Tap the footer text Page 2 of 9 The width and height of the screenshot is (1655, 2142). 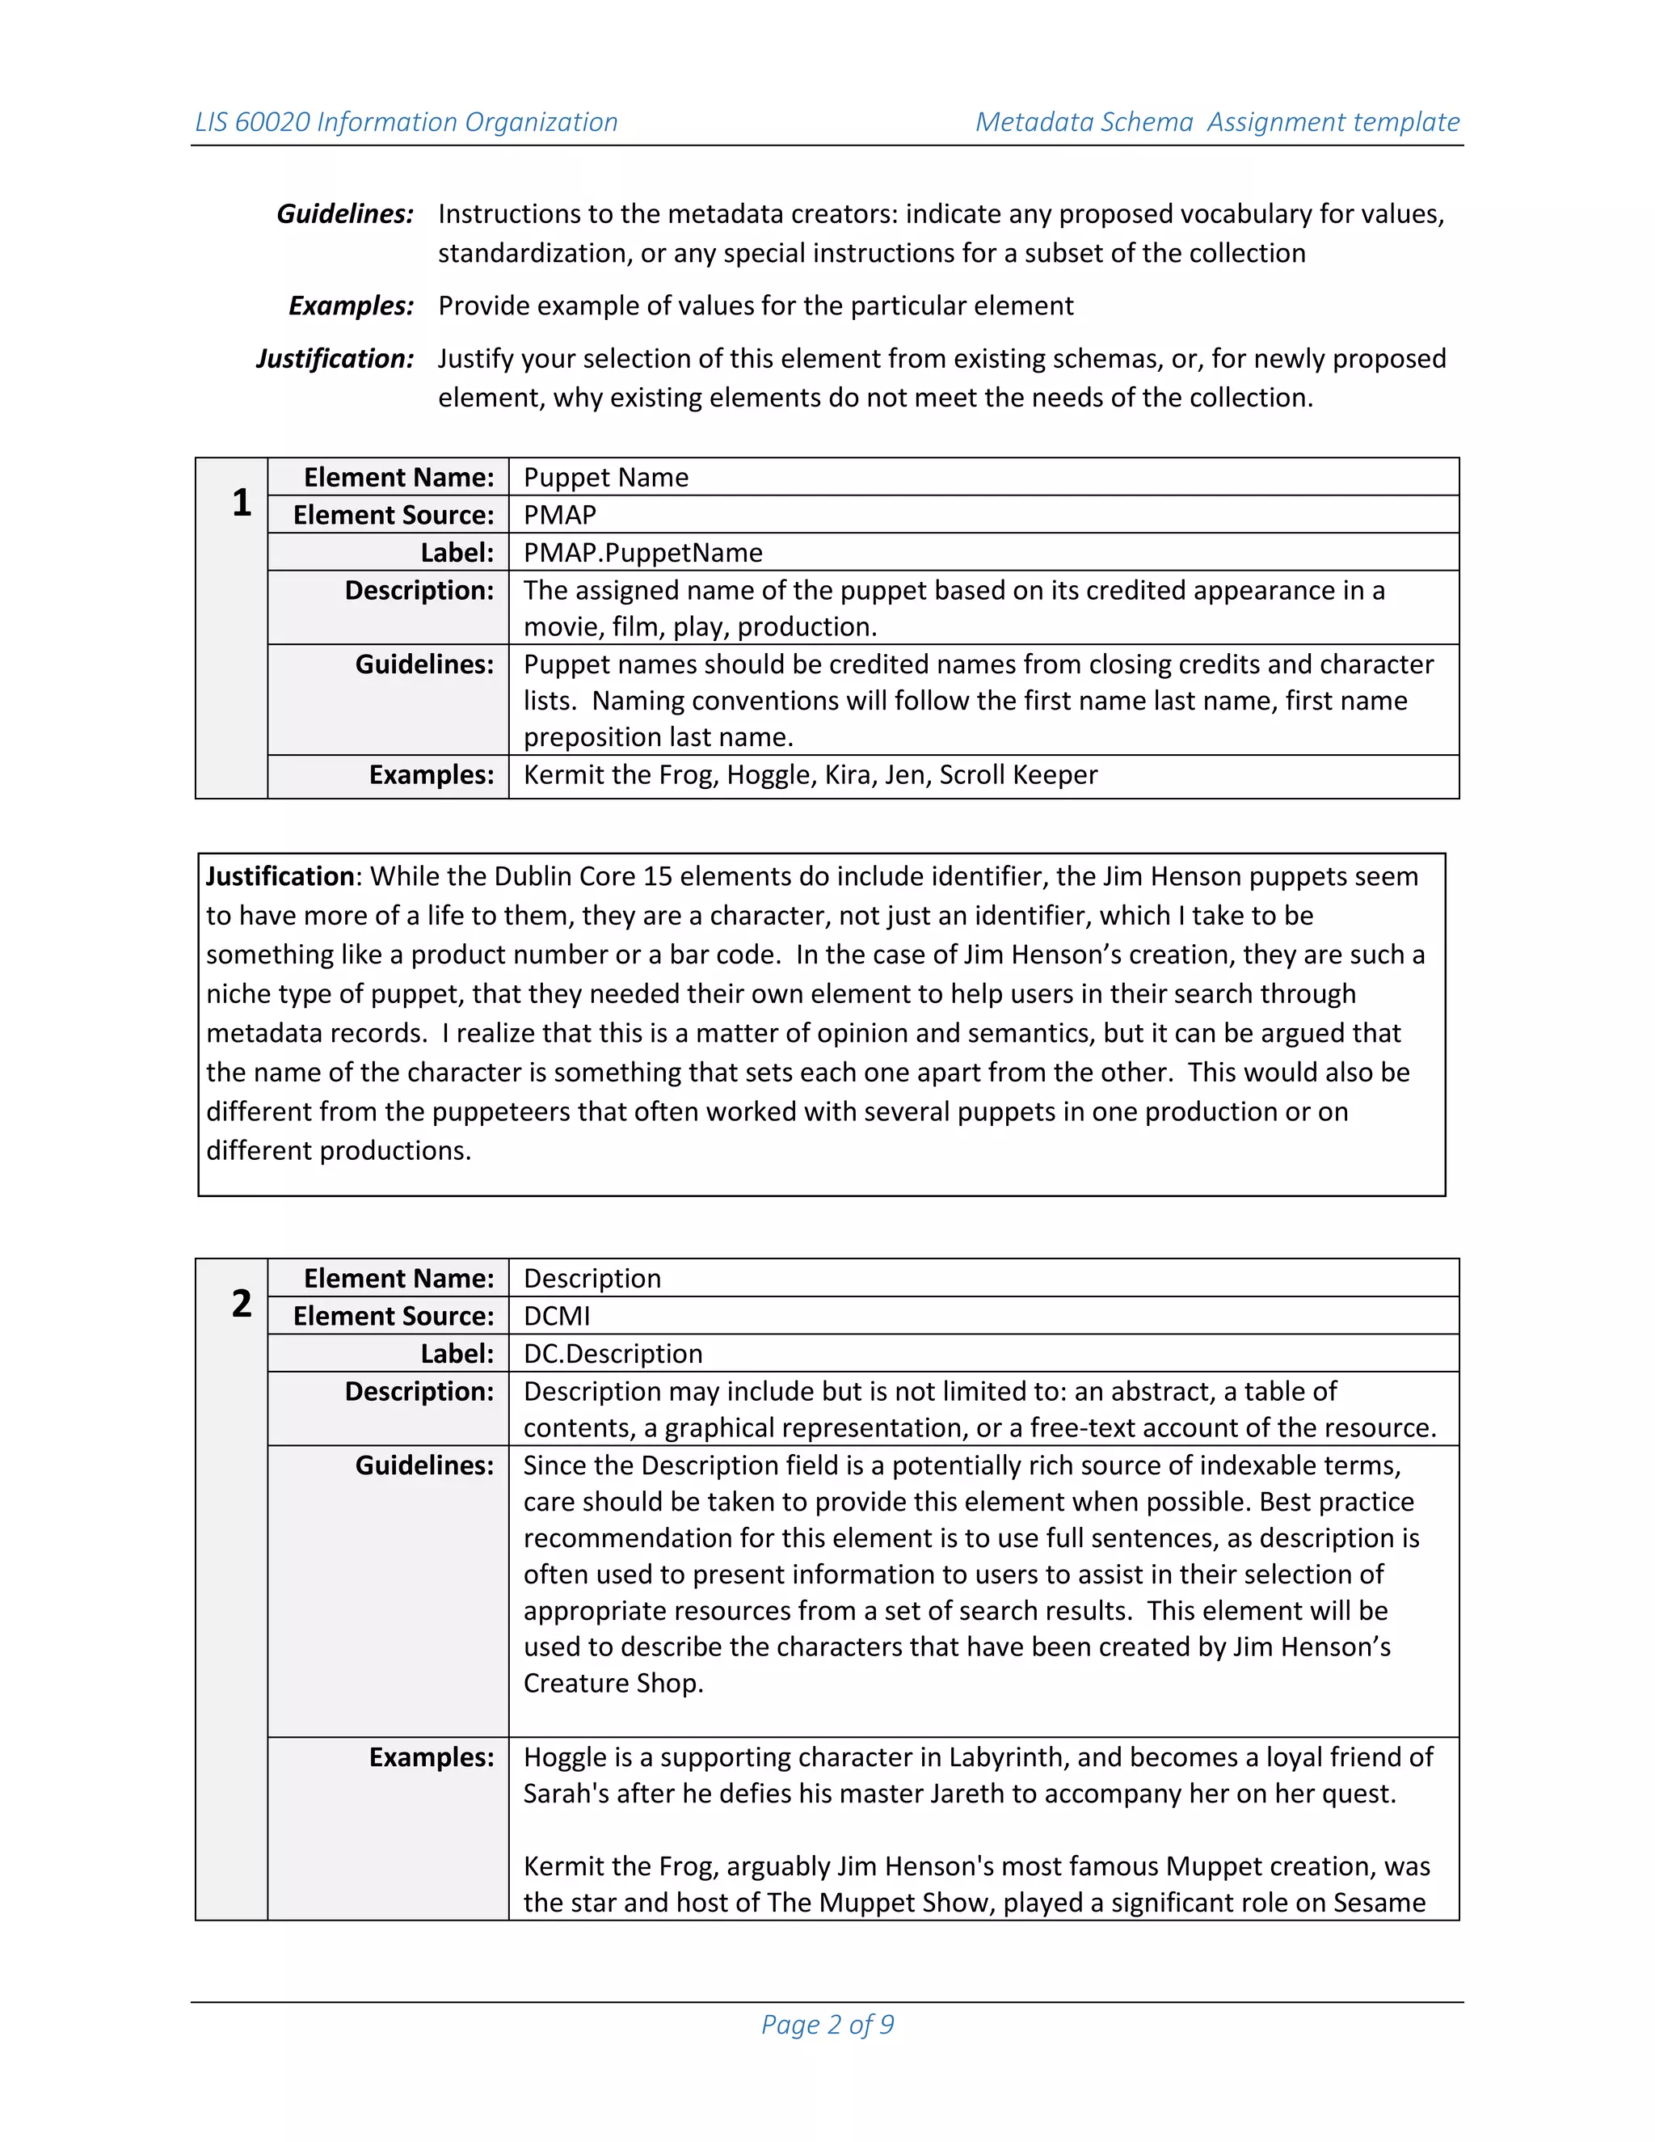point(827,2024)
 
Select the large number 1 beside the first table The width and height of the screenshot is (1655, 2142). point(241,503)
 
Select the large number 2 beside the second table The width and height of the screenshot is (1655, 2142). point(241,1304)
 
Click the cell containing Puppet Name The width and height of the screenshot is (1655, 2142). point(606,478)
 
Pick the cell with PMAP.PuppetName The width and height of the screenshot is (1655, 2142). point(642,552)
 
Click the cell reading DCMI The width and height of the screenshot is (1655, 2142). point(556,1316)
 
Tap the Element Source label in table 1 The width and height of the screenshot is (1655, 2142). point(394,515)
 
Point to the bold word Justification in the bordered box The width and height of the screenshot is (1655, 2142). point(280,876)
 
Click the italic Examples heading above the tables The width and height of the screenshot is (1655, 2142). point(351,306)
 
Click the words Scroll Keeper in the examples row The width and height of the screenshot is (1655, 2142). point(1017,775)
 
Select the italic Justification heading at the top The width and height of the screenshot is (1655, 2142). point(335,359)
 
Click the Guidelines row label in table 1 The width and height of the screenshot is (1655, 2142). point(423,665)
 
